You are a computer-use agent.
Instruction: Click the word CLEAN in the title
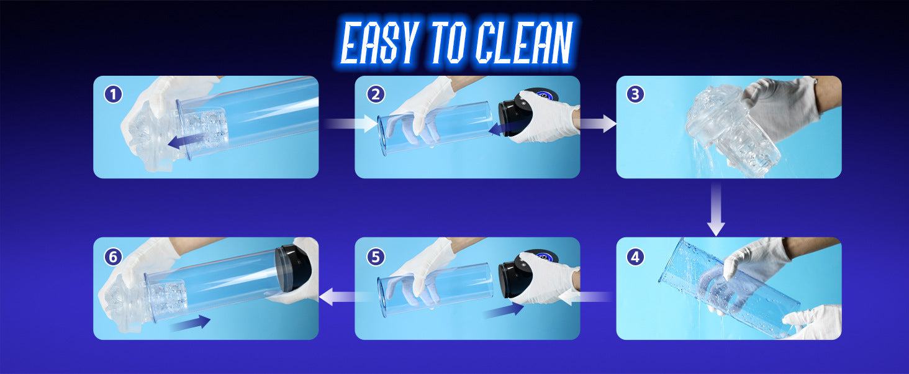pyautogui.click(x=524, y=42)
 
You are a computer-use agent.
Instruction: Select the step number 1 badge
pyautogui.click(x=113, y=94)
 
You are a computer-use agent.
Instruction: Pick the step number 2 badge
pyautogui.click(x=376, y=94)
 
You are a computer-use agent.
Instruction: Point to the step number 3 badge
pyautogui.click(x=635, y=94)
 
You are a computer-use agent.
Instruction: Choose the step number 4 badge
pyautogui.click(x=635, y=257)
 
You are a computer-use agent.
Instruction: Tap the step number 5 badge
pyautogui.click(x=376, y=257)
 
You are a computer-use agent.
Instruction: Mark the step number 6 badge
pyautogui.click(x=113, y=257)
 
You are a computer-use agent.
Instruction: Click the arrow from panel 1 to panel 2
pyautogui.click(x=351, y=124)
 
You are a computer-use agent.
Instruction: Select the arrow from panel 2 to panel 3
pyautogui.click(x=597, y=124)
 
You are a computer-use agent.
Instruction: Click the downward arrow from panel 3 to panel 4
pyautogui.click(x=716, y=209)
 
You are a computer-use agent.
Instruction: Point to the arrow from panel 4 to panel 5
pyautogui.click(x=585, y=297)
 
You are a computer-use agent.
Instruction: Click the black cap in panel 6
pyautogui.click(x=293, y=268)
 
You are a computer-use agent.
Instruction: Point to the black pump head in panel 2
pyautogui.click(x=515, y=114)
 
